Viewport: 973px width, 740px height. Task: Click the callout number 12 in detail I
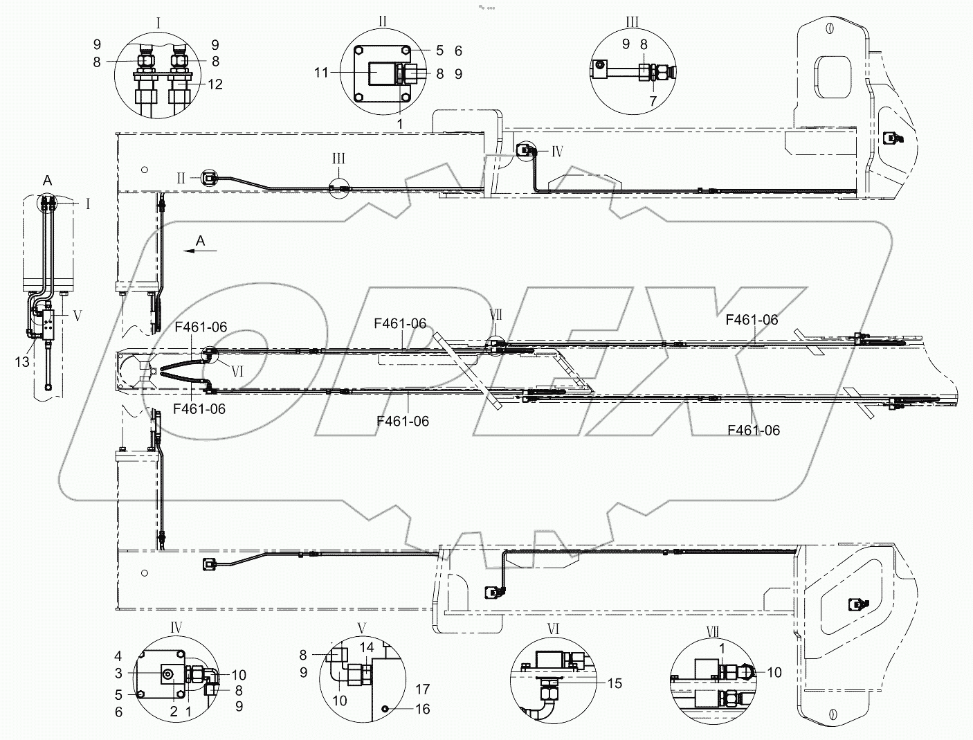pyautogui.click(x=215, y=84)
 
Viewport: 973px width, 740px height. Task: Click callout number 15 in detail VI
pyautogui.click(x=614, y=683)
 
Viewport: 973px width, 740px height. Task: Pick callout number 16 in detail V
pyautogui.click(x=423, y=708)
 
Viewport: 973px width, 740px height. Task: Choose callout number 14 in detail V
pyautogui.click(x=367, y=648)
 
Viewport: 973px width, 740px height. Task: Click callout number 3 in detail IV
pyautogui.click(x=119, y=673)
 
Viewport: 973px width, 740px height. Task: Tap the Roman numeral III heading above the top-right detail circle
pyautogui.click(x=633, y=23)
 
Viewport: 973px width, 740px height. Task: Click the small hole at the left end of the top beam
pyautogui.click(x=143, y=170)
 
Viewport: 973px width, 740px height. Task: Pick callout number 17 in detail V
pyautogui.click(x=422, y=689)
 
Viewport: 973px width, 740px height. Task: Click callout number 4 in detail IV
pyautogui.click(x=119, y=656)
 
